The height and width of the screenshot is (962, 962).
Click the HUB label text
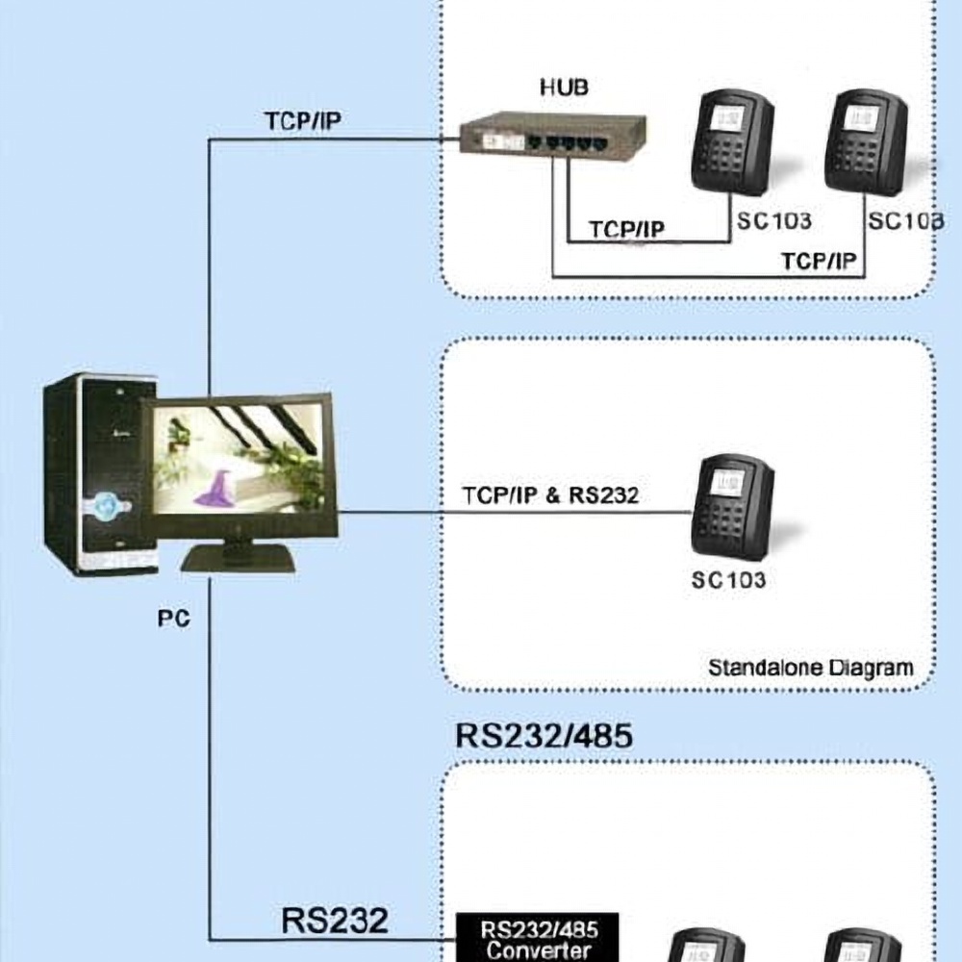coord(564,88)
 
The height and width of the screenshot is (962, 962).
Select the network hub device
coord(551,136)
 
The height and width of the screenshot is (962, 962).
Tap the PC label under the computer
coord(173,618)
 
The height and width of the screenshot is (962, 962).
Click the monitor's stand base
coord(238,558)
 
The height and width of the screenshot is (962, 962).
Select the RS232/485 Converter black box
coord(537,939)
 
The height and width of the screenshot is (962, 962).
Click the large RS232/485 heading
coord(544,736)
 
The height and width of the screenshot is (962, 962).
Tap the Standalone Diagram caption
coord(810,667)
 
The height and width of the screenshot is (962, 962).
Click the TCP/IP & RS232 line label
coord(550,495)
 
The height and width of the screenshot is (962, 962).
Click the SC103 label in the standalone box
coord(728,580)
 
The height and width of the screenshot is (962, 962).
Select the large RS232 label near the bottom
coord(335,920)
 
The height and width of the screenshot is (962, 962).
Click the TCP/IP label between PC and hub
coord(303,121)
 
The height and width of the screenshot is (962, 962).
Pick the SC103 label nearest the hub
coord(774,221)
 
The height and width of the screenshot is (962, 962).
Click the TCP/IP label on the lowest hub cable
coord(819,262)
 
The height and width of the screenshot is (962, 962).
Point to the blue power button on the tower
coord(104,502)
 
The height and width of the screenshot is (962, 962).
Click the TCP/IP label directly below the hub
coord(627,230)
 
